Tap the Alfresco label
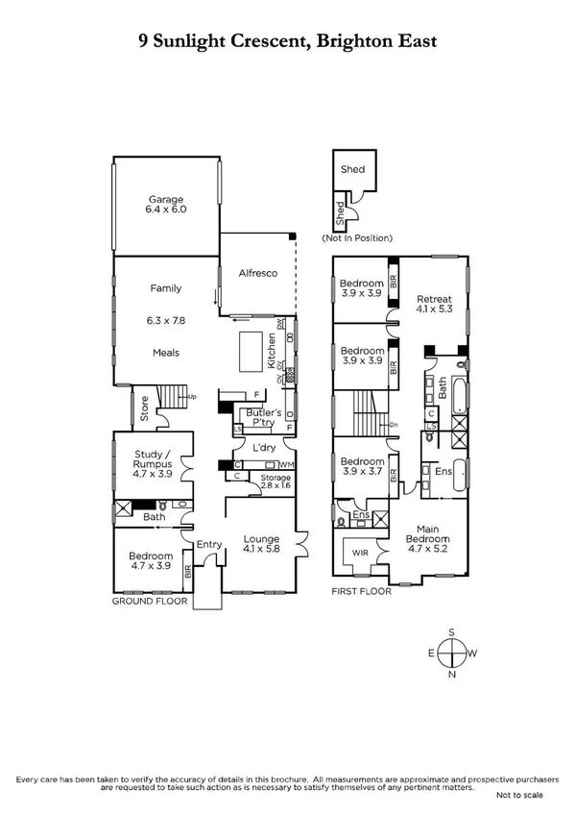(257, 274)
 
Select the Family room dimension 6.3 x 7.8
(165, 320)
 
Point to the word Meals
(165, 353)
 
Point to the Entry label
(208, 545)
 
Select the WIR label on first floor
(360, 553)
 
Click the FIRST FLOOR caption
(361, 592)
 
